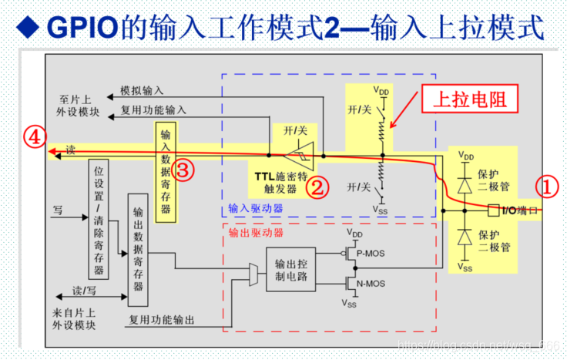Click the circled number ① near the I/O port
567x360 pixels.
coord(546,186)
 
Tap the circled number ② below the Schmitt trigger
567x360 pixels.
coord(318,186)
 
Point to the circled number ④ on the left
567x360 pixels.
coord(32,137)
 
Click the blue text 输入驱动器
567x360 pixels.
coord(256,208)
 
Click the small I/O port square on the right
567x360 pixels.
coord(494,210)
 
